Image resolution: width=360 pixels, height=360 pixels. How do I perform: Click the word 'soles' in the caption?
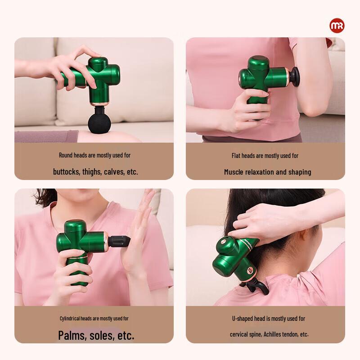[x=102, y=335]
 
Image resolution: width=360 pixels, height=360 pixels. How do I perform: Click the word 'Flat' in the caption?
[x=236, y=156]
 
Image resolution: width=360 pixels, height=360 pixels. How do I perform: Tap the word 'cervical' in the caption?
[x=240, y=334]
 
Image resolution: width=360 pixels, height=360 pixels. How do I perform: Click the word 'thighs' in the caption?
[x=92, y=171]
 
